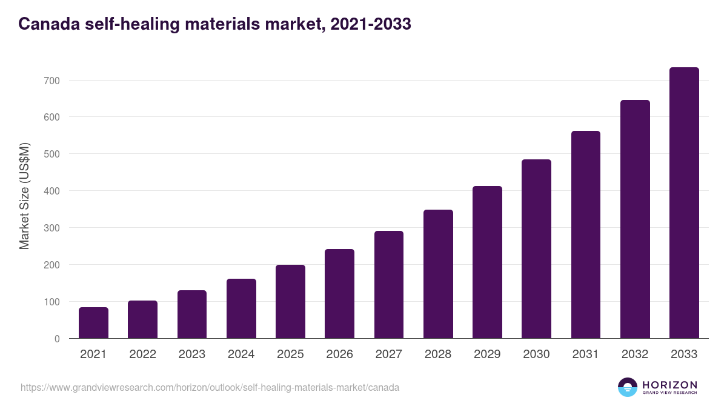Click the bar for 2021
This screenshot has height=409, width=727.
point(93,323)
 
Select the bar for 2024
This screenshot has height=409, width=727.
point(241,309)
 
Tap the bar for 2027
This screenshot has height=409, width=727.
point(389,285)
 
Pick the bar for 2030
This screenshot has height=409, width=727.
point(536,249)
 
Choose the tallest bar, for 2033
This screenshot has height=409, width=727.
point(684,203)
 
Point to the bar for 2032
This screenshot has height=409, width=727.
point(635,219)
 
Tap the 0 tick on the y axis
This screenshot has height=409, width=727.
point(57,339)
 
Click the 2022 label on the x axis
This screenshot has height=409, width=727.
point(142,354)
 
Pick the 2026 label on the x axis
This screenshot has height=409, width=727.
point(339,354)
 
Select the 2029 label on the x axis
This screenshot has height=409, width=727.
point(487,354)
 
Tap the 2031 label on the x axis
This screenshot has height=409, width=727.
point(585,354)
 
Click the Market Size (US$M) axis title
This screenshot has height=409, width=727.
point(24,196)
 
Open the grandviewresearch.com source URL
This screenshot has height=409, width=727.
point(210,387)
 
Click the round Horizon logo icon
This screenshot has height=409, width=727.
point(628,387)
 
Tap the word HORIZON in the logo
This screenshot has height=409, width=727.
point(669,384)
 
